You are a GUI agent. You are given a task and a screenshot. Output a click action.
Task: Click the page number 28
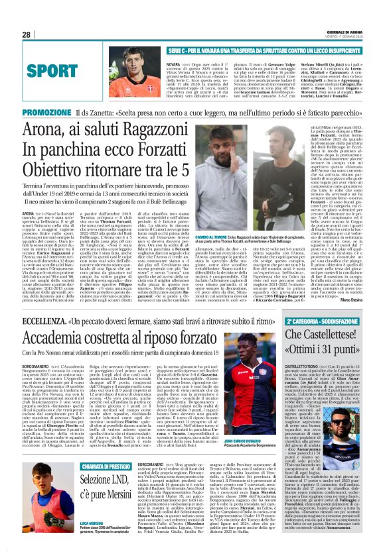(26, 34)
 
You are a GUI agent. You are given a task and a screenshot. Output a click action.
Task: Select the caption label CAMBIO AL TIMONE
(230, 254)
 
